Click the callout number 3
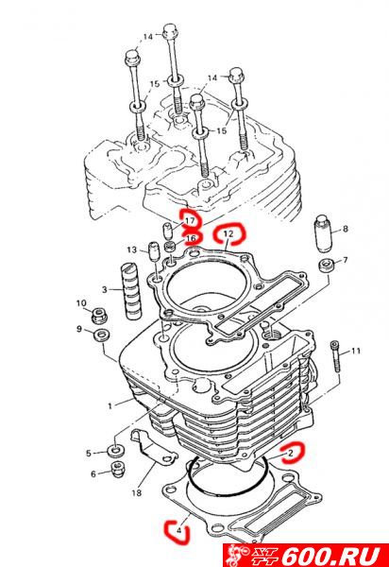click(105, 289)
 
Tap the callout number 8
click(346, 229)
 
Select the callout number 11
click(355, 351)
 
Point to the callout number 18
click(137, 492)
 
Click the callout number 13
click(132, 249)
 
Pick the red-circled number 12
click(228, 233)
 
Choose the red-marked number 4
click(178, 530)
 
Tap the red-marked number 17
click(190, 220)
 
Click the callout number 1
click(110, 405)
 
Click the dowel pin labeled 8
click(323, 234)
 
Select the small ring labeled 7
click(326, 266)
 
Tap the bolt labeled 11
click(335, 356)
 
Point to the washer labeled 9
click(102, 335)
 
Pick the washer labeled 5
click(115, 452)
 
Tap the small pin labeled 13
click(154, 250)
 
